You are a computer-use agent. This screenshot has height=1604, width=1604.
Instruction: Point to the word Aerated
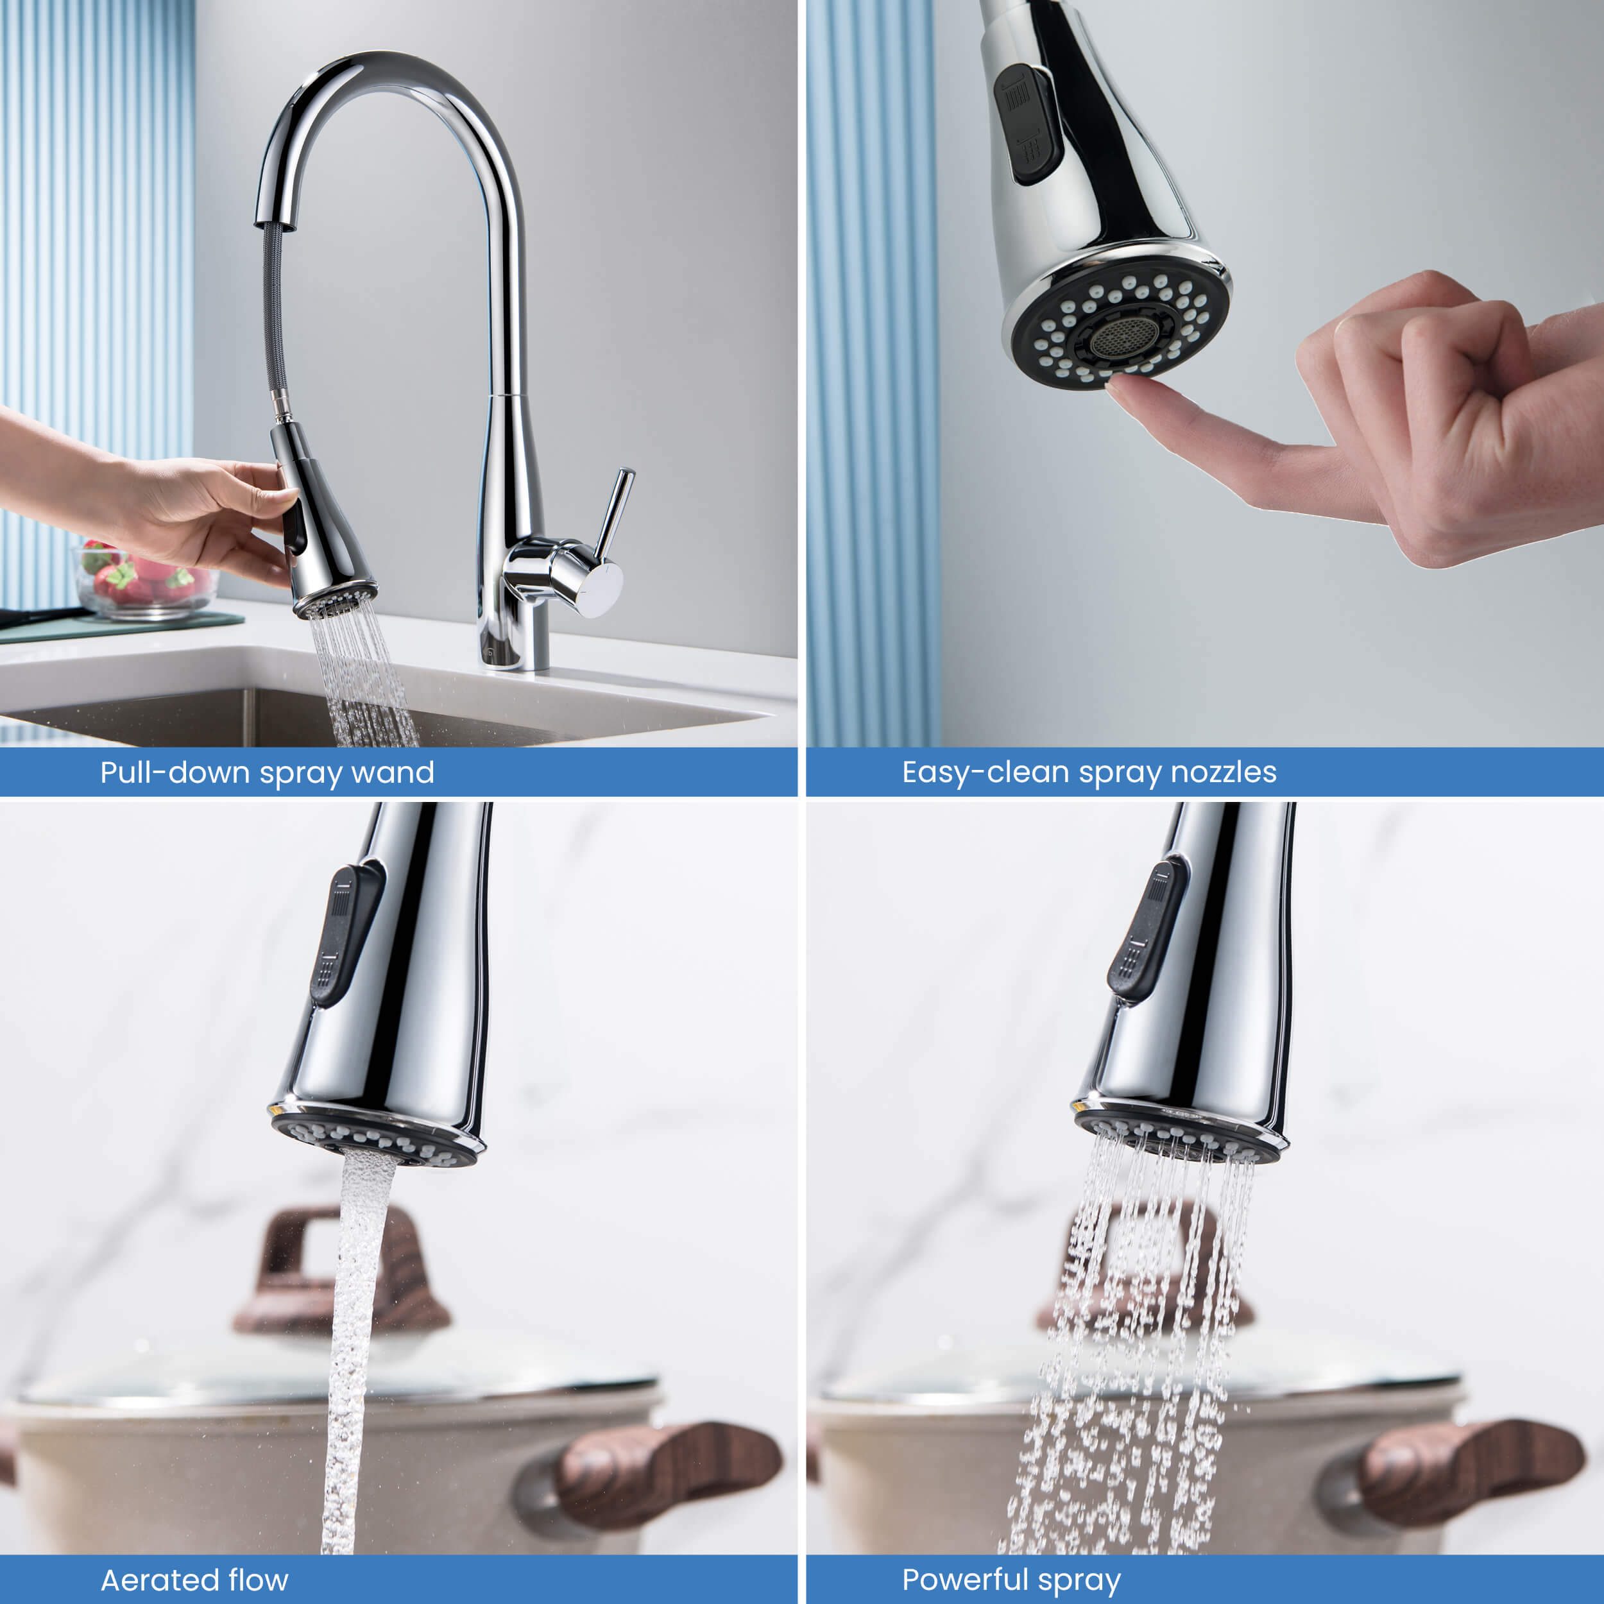(153, 1580)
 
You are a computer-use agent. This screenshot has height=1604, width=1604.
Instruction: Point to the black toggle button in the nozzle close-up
(1028, 123)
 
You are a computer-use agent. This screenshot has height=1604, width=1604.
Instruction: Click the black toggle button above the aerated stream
(345, 937)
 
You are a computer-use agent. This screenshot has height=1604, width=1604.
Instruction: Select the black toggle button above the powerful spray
(1146, 930)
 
